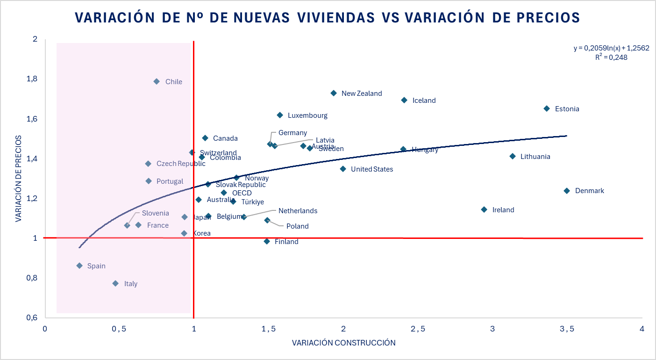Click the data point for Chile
click(x=157, y=81)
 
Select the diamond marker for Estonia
click(x=547, y=108)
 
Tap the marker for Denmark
click(x=567, y=191)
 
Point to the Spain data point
click(x=79, y=266)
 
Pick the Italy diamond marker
click(x=115, y=283)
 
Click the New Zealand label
click(x=362, y=94)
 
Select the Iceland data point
click(x=404, y=100)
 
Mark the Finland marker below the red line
click(x=267, y=241)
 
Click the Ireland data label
click(x=503, y=210)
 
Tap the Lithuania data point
click(x=513, y=156)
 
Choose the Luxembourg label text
click(x=307, y=115)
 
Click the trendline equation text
click(x=611, y=48)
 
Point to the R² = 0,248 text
click(x=611, y=57)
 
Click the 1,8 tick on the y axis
click(x=32, y=79)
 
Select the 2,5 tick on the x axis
click(x=418, y=329)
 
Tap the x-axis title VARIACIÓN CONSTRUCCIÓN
click(x=343, y=343)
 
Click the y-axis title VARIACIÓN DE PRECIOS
click(x=19, y=179)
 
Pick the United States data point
click(x=343, y=169)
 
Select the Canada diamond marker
click(x=205, y=138)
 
